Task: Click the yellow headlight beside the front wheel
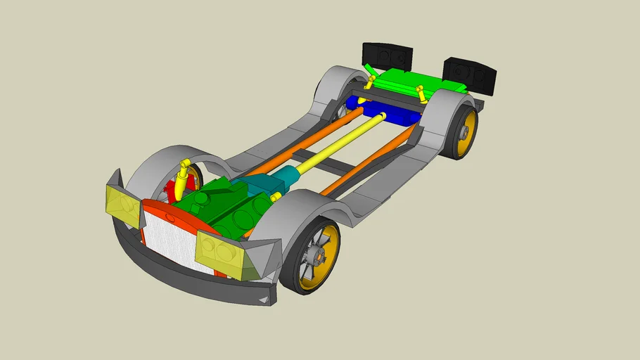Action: (219, 250)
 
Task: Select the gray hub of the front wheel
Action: (316, 257)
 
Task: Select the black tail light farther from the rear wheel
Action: (387, 56)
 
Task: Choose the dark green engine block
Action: (225, 207)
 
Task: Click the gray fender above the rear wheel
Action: (440, 112)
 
